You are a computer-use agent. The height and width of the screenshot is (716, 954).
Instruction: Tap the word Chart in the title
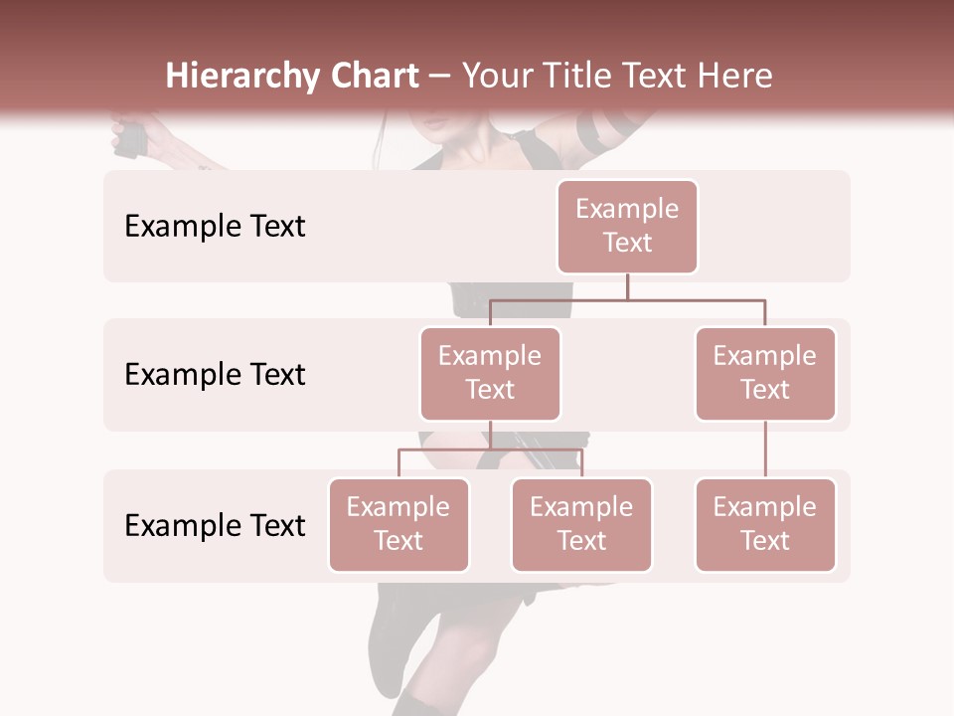point(375,77)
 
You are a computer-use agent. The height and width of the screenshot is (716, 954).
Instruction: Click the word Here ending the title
point(735,77)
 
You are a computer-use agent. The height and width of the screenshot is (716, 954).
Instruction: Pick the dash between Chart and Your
point(440,78)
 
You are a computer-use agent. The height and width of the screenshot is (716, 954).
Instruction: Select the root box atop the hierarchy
point(627,226)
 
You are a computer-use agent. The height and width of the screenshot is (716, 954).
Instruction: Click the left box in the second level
point(490,373)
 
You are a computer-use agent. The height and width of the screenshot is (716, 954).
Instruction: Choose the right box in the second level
point(765,373)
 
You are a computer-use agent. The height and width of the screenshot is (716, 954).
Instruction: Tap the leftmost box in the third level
point(398,524)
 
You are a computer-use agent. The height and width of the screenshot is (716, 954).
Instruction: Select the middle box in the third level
point(581,524)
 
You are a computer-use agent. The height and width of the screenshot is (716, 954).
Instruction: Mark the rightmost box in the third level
point(765,524)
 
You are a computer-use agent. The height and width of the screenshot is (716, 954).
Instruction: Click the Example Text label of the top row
point(215,227)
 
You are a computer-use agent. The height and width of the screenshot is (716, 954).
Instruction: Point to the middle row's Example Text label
point(215,375)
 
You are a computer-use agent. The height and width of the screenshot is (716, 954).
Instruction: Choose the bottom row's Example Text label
point(215,526)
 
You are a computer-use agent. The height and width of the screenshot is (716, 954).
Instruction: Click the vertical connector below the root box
point(627,286)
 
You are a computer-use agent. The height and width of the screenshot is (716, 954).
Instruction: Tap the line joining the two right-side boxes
point(765,449)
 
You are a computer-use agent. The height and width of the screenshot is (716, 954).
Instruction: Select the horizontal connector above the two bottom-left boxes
point(490,449)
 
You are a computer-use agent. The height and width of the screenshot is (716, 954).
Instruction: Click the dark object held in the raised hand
point(130,138)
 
